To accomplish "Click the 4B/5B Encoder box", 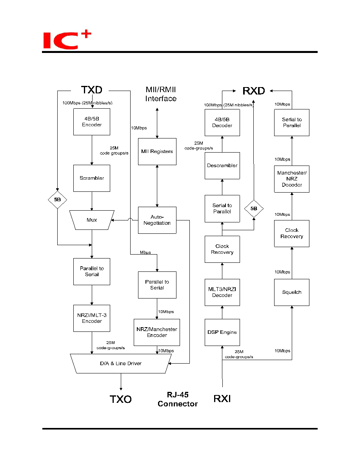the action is (92, 122).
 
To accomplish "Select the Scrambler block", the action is (92, 178).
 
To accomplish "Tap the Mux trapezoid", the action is (92, 220).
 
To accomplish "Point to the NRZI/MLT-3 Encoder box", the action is (92, 318).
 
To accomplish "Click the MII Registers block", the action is (157, 151).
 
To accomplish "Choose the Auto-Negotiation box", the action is (157, 220).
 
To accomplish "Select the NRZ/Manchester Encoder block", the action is (157, 332).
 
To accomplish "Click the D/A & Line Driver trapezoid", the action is (121, 364).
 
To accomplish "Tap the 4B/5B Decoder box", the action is (222, 122).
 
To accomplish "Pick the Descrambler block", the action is (222, 166).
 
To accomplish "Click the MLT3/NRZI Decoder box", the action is (222, 292).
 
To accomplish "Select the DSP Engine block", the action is (222, 332).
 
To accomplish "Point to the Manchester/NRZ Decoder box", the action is (292, 179).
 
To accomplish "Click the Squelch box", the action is (292, 292).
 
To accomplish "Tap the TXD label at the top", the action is (92, 90).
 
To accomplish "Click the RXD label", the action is (254, 91).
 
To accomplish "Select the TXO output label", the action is (121, 399).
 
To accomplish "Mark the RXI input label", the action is (222, 399).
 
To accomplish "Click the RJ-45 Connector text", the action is (178, 399).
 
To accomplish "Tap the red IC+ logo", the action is (67, 39).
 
